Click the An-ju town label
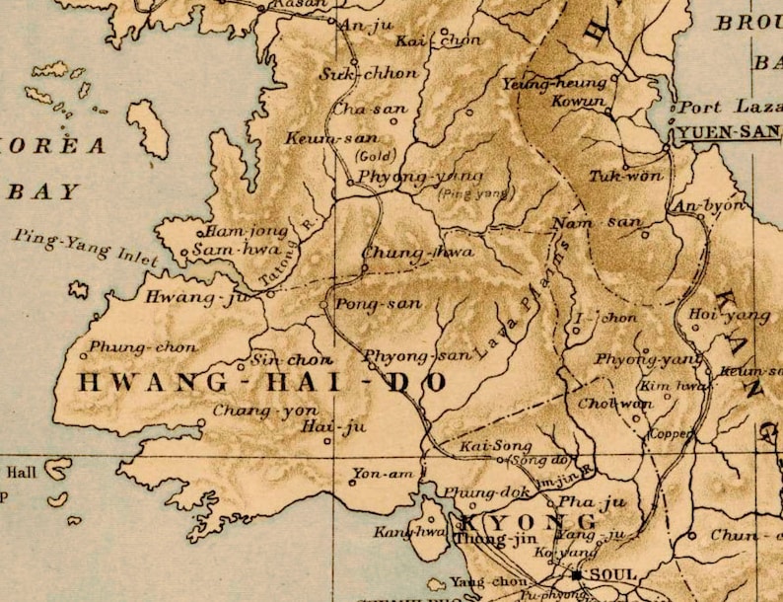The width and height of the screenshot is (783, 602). [359, 27]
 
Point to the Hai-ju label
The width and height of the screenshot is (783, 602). [332, 426]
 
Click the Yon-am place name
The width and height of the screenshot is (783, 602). [384, 475]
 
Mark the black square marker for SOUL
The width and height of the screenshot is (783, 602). [577, 574]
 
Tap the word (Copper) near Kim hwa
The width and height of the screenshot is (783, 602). [671, 433]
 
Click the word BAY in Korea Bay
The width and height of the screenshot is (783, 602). [43, 191]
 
